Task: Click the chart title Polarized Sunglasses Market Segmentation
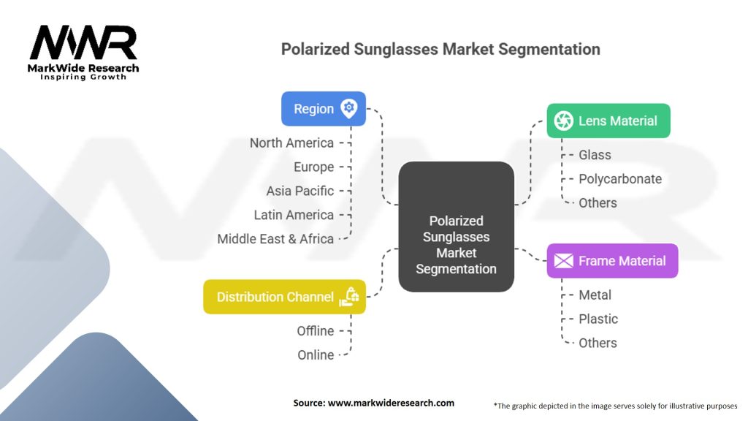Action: coord(440,50)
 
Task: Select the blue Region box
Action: coord(323,109)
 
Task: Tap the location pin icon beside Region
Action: coord(349,108)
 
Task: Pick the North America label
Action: coord(291,143)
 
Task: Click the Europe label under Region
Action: coord(313,167)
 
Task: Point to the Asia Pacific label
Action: coord(299,191)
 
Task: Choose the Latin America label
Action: coord(294,215)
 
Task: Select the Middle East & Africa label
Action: coord(275,239)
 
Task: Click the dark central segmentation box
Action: coord(456,227)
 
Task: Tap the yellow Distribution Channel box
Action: coord(284,297)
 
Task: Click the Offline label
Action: coord(315,331)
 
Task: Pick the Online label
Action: coord(316,355)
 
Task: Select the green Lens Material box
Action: coord(608,121)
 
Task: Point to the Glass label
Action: coord(595,155)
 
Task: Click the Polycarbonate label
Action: coord(619,179)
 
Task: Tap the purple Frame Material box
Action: coord(612,261)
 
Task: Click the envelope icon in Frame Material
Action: coord(563,261)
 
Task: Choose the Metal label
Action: coord(595,295)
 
